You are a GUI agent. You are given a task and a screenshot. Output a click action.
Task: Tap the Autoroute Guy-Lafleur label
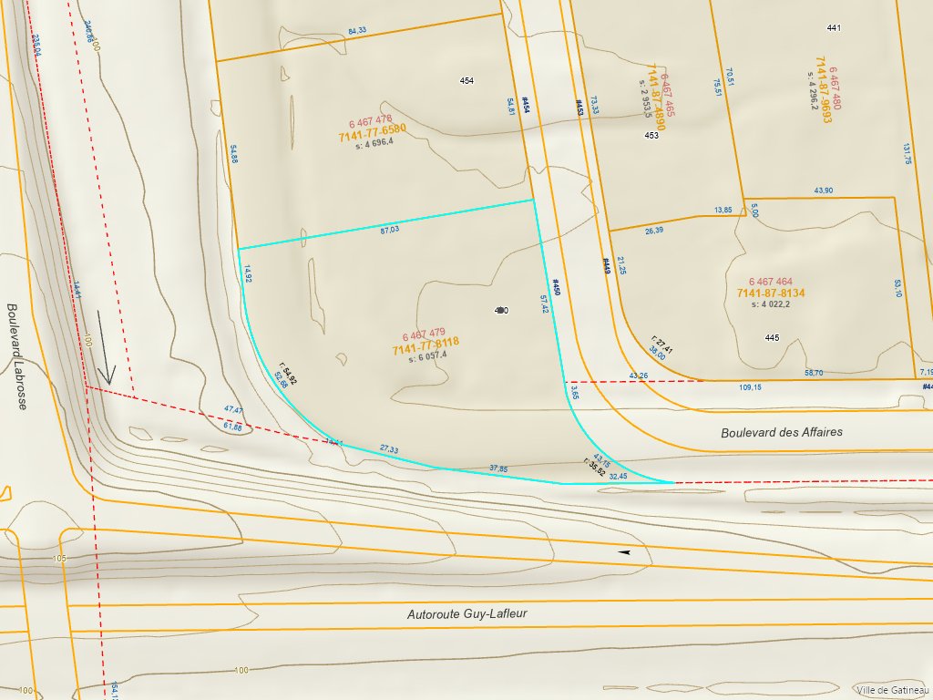coord(466,614)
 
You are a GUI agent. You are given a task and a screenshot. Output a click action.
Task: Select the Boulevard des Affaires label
coord(782,432)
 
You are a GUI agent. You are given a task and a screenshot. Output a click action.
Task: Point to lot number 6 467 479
coord(424,334)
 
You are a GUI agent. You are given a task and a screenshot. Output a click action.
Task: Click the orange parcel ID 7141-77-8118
coord(425,345)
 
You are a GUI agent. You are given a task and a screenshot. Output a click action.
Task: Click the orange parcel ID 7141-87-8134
coord(771,293)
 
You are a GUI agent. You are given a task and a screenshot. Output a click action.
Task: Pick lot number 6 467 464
coord(771,282)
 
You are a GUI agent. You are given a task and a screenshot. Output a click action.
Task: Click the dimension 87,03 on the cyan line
coord(389,230)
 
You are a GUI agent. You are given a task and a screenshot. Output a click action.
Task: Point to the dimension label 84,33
coord(357,31)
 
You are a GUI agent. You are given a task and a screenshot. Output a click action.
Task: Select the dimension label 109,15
coord(750,387)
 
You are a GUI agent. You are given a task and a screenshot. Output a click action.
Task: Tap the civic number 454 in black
coord(466,81)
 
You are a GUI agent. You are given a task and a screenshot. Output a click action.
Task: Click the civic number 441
coord(833,28)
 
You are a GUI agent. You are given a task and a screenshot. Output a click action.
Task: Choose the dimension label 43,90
coord(823,190)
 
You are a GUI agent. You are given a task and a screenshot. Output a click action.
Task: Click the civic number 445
coord(772,338)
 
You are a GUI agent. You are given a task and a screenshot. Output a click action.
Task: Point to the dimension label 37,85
coord(498,468)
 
